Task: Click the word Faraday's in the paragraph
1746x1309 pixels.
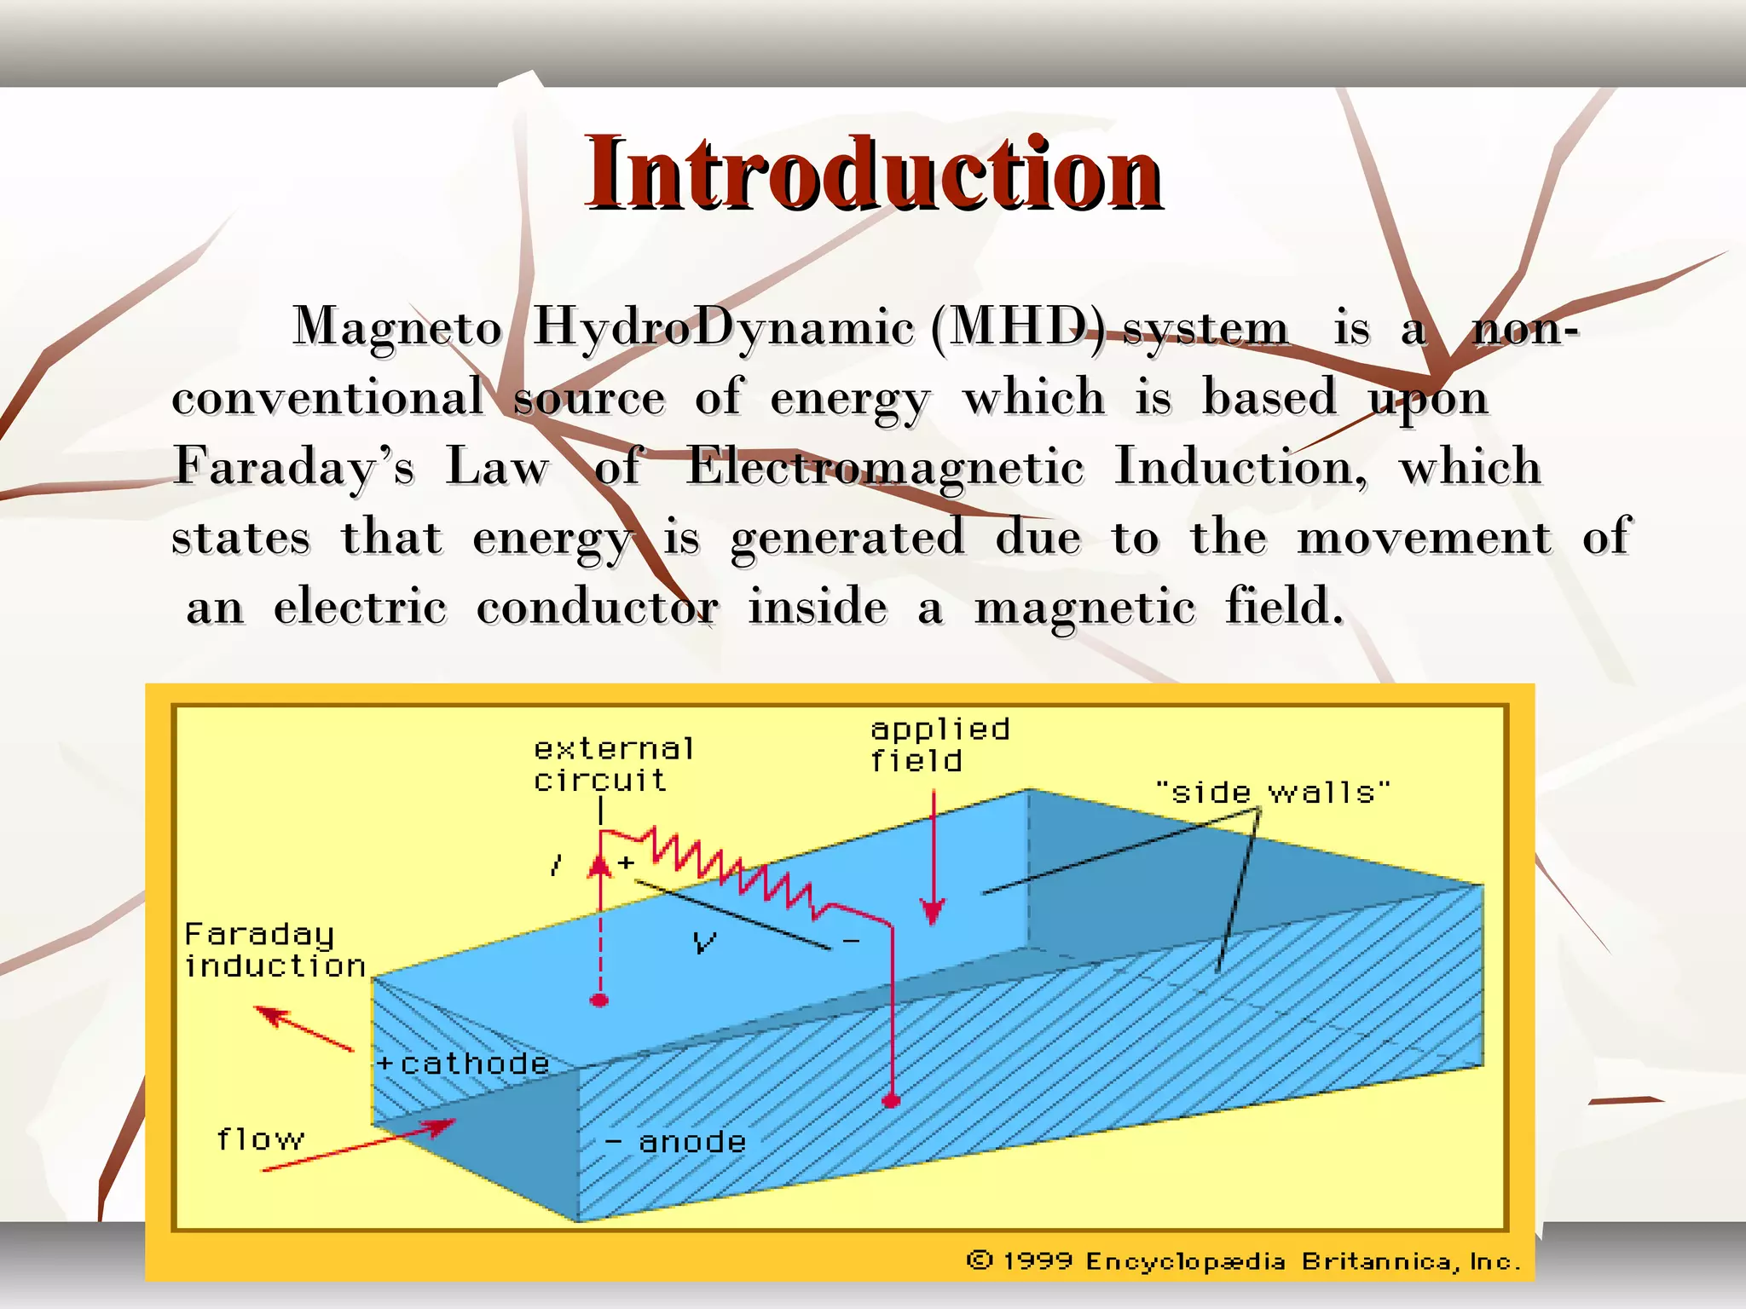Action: pyautogui.click(x=294, y=467)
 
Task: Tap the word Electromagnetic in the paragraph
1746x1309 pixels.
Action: pyautogui.click(x=885, y=467)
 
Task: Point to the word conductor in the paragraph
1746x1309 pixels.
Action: pyautogui.click(x=597, y=608)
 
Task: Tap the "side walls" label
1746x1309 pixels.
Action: pyautogui.click(x=1272, y=793)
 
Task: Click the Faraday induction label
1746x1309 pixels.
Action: pyautogui.click(x=275, y=950)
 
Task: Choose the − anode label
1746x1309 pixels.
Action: pyautogui.click(x=675, y=1142)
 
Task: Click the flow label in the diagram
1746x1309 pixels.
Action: pyautogui.click(x=260, y=1139)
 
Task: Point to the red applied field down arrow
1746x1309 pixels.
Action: pyautogui.click(x=934, y=861)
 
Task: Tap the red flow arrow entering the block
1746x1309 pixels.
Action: pyautogui.click(x=358, y=1145)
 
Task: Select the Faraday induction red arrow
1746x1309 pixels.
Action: pyautogui.click(x=303, y=1028)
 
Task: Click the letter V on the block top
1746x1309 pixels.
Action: pyautogui.click(x=704, y=942)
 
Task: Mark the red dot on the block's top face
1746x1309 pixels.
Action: pyautogui.click(x=600, y=1000)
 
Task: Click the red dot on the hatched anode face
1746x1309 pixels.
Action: pyautogui.click(x=892, y=1101)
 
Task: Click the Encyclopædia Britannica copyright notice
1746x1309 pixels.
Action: pyautogui.click(x=1243, y=1261)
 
